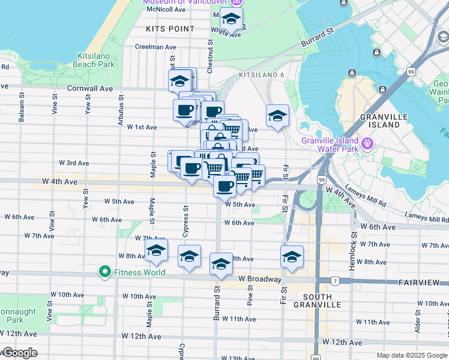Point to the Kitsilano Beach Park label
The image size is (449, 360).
click(x=96, y=60)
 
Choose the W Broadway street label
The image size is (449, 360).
click(x=259, y=279)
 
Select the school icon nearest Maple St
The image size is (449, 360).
click(x=156, y=251)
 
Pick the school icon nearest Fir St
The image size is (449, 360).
click(x=292, y=256)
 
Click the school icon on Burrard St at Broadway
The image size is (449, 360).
click(x=221, y=264)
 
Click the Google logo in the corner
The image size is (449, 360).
click(x=19, y=353)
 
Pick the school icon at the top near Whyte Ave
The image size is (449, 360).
click(x=231, y=19)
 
